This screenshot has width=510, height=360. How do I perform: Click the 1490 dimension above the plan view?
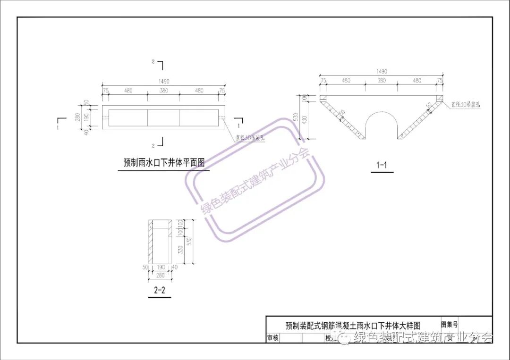pos(163,82)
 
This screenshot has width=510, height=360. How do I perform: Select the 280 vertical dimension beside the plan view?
pos(78,116)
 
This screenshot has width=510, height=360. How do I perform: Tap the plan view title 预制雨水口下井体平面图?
pos(164,163)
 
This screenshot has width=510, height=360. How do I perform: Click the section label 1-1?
pos(382,165)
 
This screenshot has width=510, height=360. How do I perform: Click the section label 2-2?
pos(160,291)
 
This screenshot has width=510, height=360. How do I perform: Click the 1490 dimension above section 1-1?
pos(382,71)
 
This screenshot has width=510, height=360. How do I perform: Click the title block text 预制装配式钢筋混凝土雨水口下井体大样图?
pos(353,325)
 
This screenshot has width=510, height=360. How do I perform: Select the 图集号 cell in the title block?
pos(449,325)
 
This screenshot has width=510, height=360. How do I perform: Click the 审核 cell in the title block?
pos(273,338)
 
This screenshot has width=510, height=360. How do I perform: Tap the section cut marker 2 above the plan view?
pos(153,62)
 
